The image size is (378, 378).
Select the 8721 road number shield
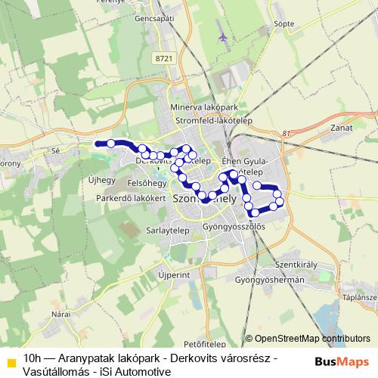(x=162, y=58)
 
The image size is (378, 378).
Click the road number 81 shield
(x=284, y=134)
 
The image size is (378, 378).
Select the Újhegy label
(x=101, y=180)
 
